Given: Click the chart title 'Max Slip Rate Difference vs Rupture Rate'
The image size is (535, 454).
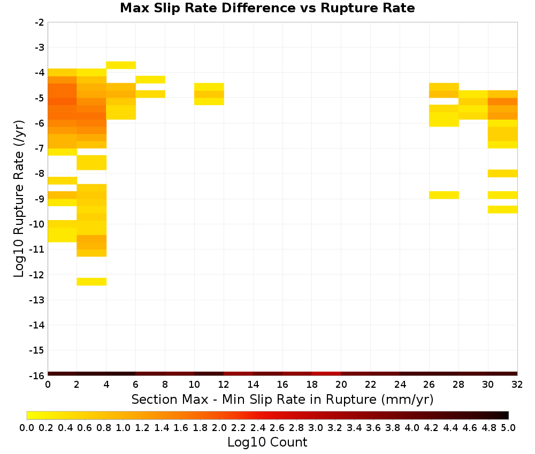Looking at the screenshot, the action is tap(267, 8).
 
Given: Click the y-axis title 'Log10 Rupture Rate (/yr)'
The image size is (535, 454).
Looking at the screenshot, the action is tap(19, 199).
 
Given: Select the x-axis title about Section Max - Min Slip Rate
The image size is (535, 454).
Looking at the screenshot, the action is tap(282, 400).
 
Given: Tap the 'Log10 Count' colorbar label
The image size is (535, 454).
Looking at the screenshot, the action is tap(267, 442).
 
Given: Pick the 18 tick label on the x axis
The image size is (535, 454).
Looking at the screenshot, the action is tap(312, 385).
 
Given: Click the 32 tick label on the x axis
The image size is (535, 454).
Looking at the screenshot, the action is tap(517, 385).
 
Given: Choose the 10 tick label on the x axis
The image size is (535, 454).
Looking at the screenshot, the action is tap(194, 385).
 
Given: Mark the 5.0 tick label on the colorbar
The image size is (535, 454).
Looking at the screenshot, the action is tap(508, 427).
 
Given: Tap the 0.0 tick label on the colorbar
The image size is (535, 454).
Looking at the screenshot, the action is tap(27, 427).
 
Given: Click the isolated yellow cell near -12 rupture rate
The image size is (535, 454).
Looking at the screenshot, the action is tap(91, 281).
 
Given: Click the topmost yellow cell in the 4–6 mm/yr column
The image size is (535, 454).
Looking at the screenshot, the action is tap(121, 65).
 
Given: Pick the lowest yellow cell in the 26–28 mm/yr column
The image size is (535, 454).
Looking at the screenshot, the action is tap(444, 195).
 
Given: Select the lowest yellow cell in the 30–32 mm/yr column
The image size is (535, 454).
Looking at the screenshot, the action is tap(502, 209).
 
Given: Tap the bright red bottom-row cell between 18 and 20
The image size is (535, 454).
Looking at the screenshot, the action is tap(326, 374).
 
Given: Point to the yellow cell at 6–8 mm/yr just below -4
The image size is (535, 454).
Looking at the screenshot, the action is tap(150, 80).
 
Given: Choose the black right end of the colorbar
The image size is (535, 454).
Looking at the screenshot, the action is tap(506, 415).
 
